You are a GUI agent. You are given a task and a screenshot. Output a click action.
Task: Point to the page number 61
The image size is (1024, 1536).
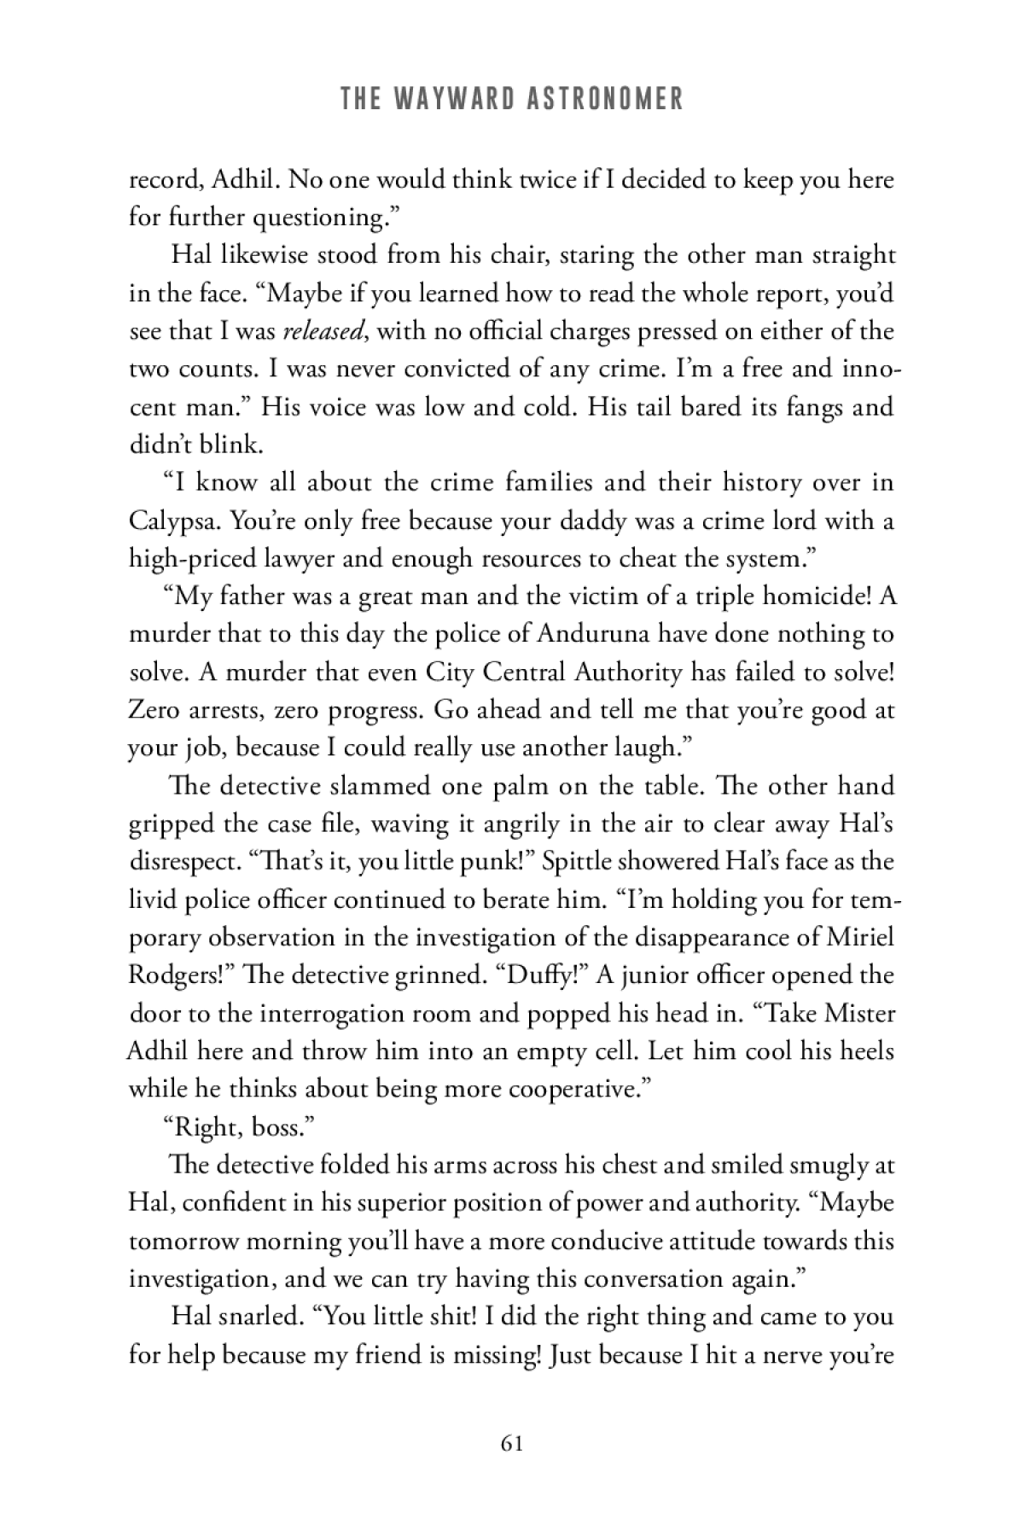coord(512,1443)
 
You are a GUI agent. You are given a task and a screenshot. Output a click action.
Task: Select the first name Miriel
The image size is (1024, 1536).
coord(861,937)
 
